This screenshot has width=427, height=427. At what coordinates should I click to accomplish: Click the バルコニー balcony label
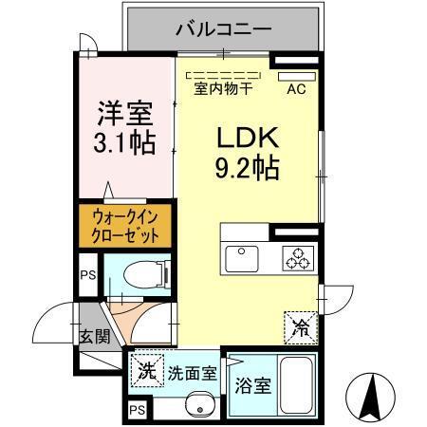[224, 29]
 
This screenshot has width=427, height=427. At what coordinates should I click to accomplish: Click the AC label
[295, 91]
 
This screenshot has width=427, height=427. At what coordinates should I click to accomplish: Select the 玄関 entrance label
[94, 335]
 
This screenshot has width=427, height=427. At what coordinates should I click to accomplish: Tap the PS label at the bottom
[137, 411]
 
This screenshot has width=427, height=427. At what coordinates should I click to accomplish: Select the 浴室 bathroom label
[251, 387]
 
